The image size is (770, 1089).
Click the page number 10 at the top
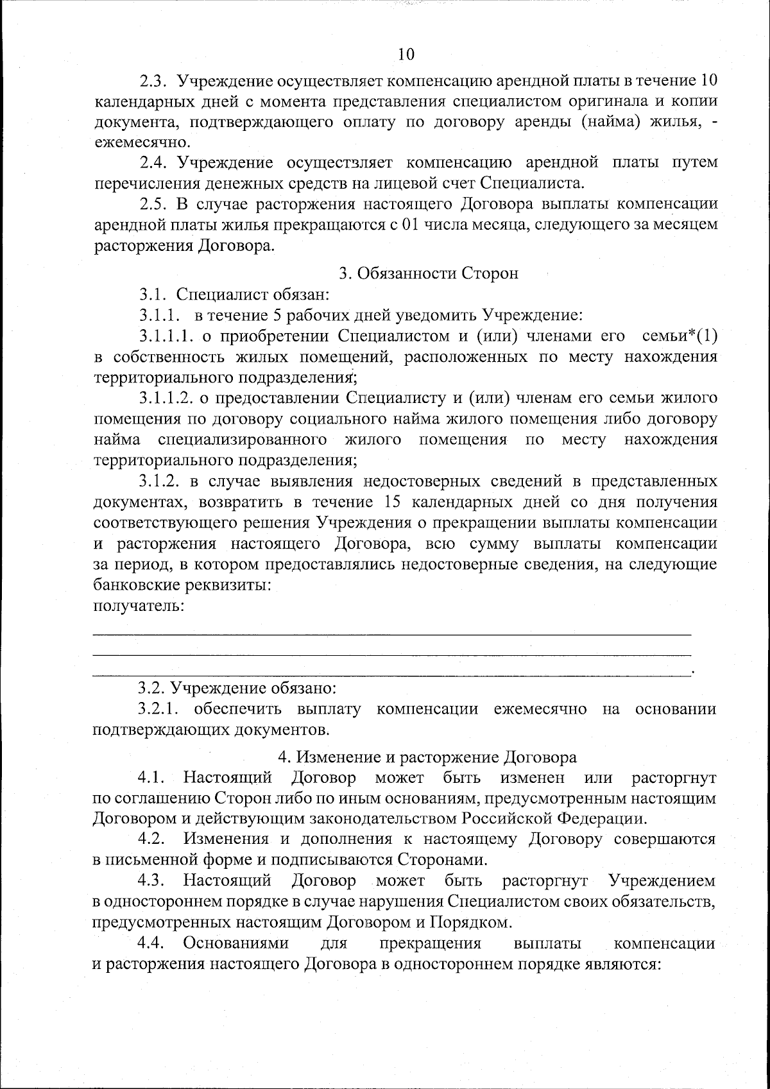406,55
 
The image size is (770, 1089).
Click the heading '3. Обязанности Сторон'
429,273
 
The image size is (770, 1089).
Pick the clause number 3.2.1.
160,709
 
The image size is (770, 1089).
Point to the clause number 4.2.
153,839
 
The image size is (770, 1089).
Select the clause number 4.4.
153,943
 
